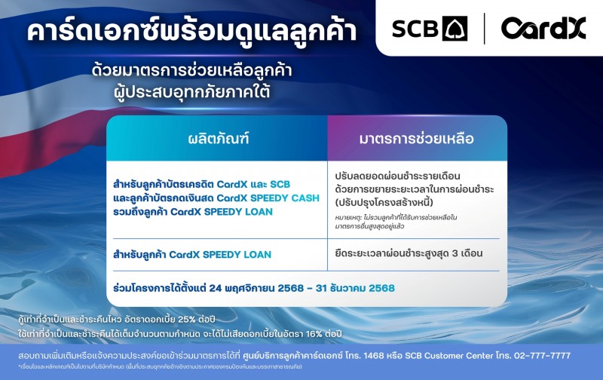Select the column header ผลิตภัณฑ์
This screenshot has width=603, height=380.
[218, 139]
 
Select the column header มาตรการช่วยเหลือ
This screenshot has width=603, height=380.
[414, 139]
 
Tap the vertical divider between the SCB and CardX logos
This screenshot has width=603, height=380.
[483, 29]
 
